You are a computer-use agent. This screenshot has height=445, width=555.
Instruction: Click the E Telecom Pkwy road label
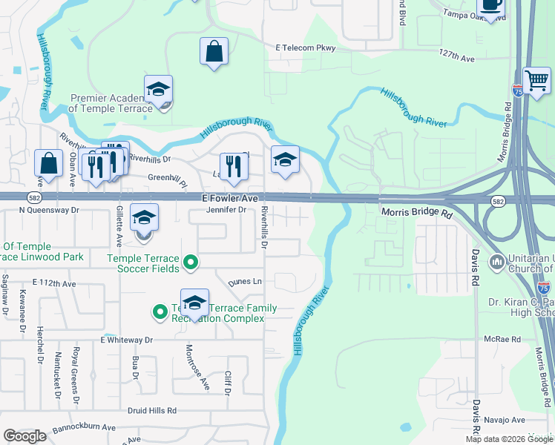coord(306,48)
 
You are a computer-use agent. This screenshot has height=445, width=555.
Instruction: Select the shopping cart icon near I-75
coord(536,79)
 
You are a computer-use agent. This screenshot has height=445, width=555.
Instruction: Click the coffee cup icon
coord(492,5)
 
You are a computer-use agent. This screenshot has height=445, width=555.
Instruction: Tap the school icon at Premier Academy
coord(158,90)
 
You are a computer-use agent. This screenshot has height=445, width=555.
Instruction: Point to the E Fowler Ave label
coord(230,199)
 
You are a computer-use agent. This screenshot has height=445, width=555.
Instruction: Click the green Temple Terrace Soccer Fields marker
coord(191,262)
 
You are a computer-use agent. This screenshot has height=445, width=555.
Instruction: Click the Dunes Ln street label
coord(245,283)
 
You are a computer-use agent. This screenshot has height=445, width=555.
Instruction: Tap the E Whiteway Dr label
coord(126,340)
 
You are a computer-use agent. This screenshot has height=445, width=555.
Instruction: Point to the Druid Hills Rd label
coord(151,410)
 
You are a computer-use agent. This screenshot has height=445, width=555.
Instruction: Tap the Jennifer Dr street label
coord(226,210)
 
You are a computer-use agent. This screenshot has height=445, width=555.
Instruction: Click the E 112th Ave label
coord(54,284)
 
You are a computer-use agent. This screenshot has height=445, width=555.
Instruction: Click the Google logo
coord(24,436)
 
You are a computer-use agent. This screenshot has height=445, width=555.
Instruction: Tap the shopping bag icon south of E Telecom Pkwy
coord(214,53)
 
